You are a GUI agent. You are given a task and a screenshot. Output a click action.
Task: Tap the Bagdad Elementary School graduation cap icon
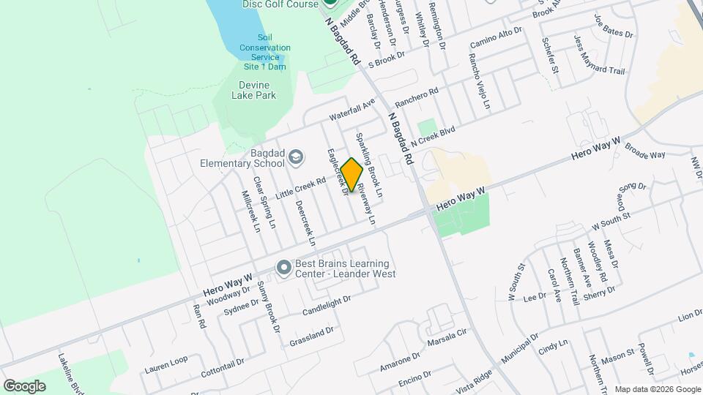[295, 157]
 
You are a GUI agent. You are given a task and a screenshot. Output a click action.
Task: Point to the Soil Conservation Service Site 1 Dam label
[264, 52]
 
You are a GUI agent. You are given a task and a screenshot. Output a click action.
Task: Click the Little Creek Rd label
[300, 188]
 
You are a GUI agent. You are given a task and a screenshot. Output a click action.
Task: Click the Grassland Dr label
[312, 334]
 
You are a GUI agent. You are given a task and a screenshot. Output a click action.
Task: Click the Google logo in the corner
[24, 385]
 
